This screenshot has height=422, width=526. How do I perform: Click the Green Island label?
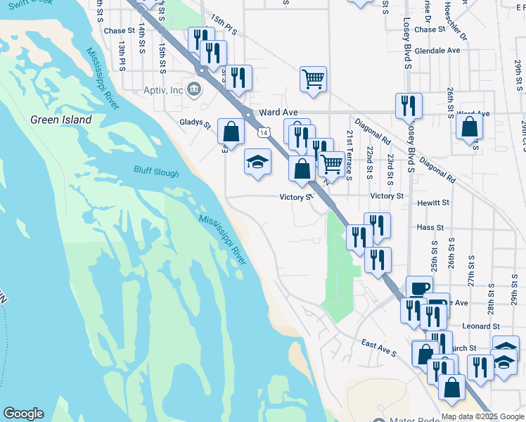coord(61,120)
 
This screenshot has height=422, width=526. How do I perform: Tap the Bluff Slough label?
coord(157,171)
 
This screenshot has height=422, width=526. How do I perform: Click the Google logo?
coord(23,414)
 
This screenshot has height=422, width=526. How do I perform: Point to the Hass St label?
coord(430,228)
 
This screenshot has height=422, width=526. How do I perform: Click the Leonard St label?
coord(481,326)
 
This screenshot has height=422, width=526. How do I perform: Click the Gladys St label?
coord(195,123)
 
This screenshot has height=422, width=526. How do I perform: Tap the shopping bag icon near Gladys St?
coord(231,130)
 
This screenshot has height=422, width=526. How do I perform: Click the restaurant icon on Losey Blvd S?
coord(409,105)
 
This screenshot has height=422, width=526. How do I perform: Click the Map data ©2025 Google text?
coord(482,416)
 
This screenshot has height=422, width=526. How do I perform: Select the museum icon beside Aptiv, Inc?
coord(195,90)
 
